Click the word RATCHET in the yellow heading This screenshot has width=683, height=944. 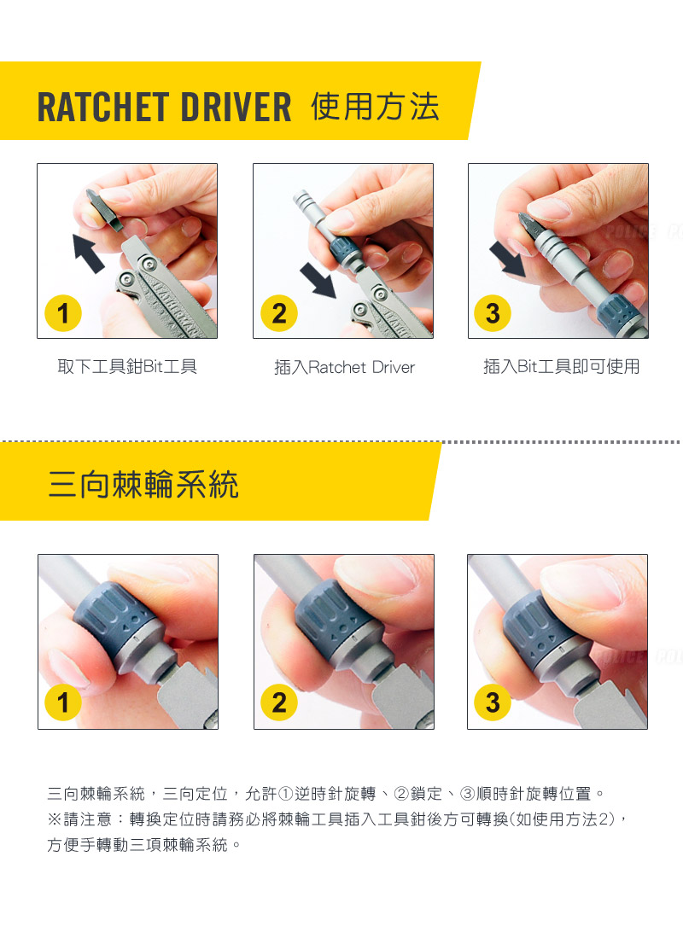103,108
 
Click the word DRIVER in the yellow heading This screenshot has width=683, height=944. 236,108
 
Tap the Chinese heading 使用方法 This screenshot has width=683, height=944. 375,107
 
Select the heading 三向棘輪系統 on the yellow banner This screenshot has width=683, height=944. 143,485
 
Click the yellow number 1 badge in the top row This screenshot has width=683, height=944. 63,313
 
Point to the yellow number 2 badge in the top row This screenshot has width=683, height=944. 279,313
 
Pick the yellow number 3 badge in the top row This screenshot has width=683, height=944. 493,313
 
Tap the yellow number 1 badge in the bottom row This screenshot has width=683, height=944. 63,702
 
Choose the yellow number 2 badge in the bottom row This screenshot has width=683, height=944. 279,702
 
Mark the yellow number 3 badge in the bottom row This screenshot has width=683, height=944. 493,702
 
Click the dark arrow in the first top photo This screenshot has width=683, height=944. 87,253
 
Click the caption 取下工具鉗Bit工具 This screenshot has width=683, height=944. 127,367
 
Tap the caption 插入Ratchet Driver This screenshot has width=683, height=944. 345,367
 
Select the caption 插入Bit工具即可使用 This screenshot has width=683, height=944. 561,367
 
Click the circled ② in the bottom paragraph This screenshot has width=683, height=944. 402,794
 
